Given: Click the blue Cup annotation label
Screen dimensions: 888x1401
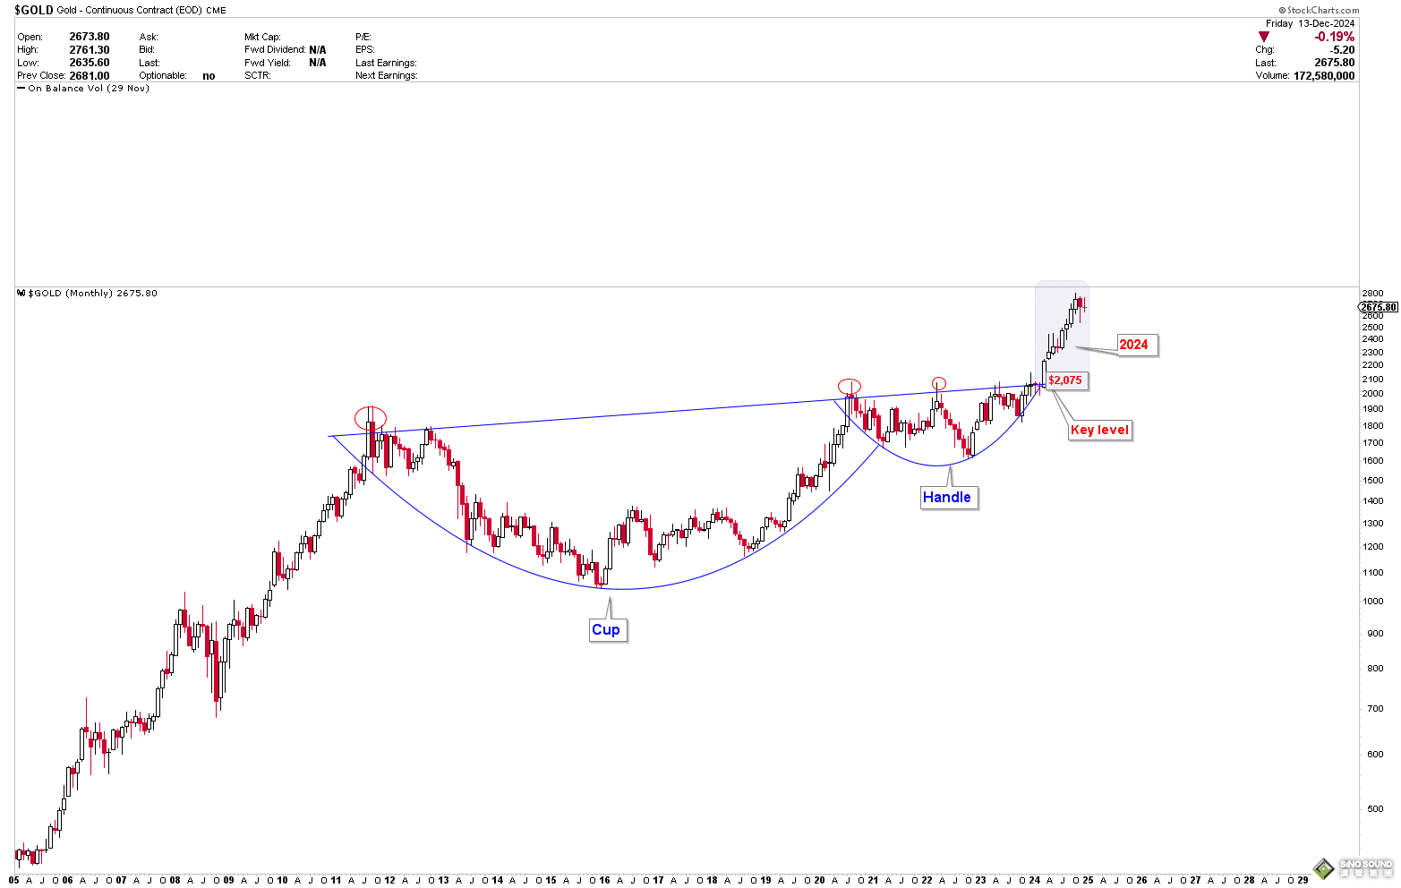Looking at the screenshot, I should click(x=606, y=629).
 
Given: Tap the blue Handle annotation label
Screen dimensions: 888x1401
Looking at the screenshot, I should click(x=947, y=497).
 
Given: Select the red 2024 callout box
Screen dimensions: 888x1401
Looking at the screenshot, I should click(x=1133, y=345).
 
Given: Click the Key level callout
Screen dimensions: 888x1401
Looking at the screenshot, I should click(x=1099, y=430).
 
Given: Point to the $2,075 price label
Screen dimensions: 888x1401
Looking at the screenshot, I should click(x=1065, y=380).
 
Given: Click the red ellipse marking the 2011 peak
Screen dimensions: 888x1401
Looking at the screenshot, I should click(x=370, y=417).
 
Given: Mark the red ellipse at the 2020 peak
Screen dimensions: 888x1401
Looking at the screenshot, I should click(x=850, y=387).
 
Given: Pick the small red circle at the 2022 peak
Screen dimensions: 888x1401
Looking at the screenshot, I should click(x=938, y=384).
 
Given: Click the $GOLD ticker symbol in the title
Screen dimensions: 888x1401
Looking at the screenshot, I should click(x=33, y=10).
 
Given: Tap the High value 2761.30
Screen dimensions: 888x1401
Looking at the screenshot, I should click(x=89, y=50).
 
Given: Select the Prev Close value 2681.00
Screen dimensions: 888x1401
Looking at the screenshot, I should click(x=89, y=76).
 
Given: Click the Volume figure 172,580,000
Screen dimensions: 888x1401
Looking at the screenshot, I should click(x=1323, y=76).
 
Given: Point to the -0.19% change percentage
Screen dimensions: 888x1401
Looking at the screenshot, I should click(x=1334, y=37).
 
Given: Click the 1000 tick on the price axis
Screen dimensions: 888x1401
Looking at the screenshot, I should click(x=1372, y=601).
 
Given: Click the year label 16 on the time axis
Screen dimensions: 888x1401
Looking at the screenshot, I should click(x=604, y=880).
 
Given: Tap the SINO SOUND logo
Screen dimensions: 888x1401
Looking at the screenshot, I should click(x=1353, y=867).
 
